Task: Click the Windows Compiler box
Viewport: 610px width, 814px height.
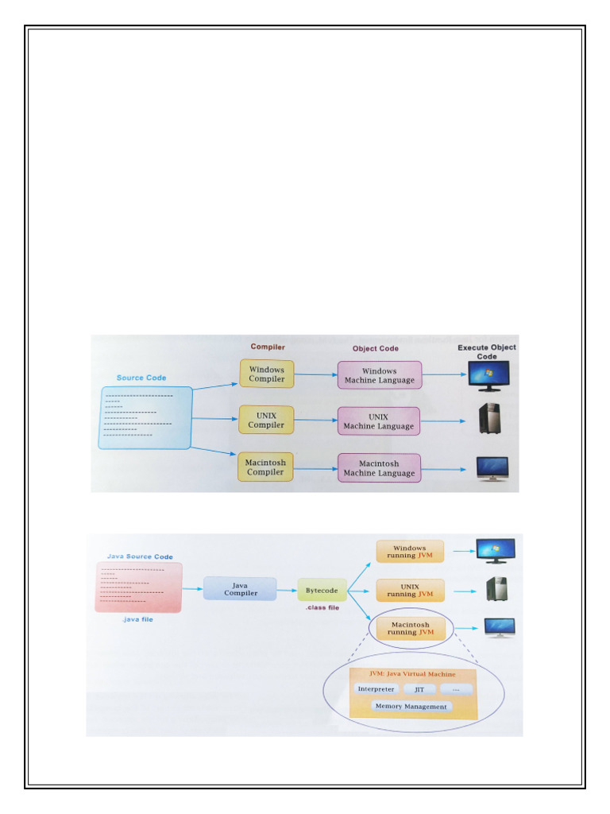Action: pyautogui.click(x=267, y=374)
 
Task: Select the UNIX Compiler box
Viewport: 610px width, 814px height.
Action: pyautogui.click(x=266, y=420)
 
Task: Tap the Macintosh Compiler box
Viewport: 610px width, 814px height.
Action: pyautogui.click(x=265, y=467)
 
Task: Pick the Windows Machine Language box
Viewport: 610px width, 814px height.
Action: pyautogui.click(x=379, y=375)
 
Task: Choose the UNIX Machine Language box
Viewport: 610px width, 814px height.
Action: pyautogui.click(x=379, y=421)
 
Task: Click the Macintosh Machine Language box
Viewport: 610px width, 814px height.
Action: pyautogui.click(x=379, y=467)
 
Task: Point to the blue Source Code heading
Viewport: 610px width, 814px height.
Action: pyautogui.click(x=141, y=378)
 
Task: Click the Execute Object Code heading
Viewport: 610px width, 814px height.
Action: pyautogui.click(x=487, y=351)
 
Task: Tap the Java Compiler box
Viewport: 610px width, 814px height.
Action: pyautogui.click(x=240, y=589)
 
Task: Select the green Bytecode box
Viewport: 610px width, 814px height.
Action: pyautogui.click(x=322, y=591)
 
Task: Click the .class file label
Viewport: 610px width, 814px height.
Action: pyautogui.click(x=322, y=607)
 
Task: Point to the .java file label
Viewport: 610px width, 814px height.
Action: pyautogui.click(x=137, y=619)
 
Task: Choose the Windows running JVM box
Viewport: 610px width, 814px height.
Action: pyautogui.click(x=410, y=552)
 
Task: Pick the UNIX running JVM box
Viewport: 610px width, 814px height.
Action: pyautogui.click(x=410, y=591)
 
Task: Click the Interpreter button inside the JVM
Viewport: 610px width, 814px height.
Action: pyautogui.click(x=376, y=689)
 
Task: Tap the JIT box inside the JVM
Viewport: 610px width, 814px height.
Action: pyautogui.click(x=419, y=689)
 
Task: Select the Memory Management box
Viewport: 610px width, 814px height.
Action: pyautogui.click(x=411, y=706)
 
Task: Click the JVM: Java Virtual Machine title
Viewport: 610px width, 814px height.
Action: pyautogui.click(x=412, y=674)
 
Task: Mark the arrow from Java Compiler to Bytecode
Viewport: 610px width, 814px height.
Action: pyautogui.click(x=287, y=591)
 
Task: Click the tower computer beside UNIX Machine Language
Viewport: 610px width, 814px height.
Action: pyautogui.click(x=489, y=418)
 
